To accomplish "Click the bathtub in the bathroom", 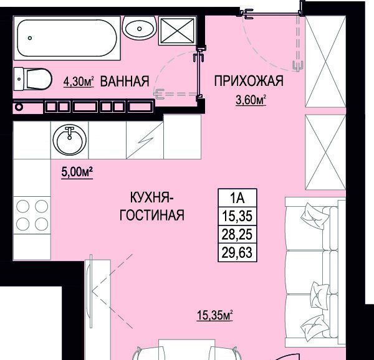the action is point(67,38).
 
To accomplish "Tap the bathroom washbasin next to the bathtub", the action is point(139,29).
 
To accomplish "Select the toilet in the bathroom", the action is point(33,79).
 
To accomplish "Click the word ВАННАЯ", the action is point(125,81).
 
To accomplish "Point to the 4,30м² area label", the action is point(79,81).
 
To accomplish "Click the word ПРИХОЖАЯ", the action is point(249,81).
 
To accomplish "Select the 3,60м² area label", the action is point(251,100).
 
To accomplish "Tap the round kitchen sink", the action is point(70,140).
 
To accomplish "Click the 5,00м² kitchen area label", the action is point(77,173).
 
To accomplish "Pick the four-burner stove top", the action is point(32,215).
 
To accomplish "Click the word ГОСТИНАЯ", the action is point(151,215).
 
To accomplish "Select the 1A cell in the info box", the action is point(237,198).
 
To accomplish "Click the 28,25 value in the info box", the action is point(237,234).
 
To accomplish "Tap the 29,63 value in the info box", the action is point(237,252).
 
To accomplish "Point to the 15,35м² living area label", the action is point(214,315).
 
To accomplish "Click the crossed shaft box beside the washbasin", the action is point(178,31).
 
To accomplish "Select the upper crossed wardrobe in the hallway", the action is point(325,62).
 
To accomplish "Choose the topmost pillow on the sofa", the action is point(314,215).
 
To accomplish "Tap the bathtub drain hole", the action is point(30,38).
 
